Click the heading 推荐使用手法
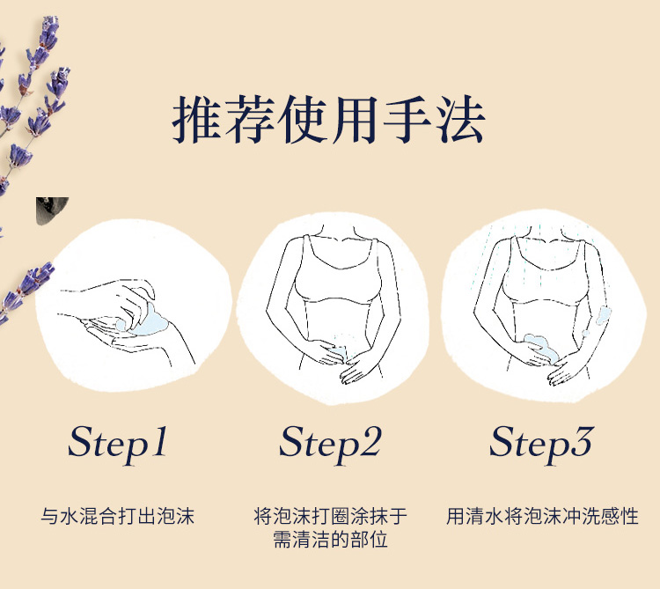coord(329,120)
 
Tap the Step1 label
coord(117,444)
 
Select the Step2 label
coord(330,444)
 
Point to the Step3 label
coord(541,444)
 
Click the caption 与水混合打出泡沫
coord(117,516)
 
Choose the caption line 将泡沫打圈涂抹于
coord(330,516)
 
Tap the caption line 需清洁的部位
coord(330,540)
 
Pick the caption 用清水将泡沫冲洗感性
coord(542,516)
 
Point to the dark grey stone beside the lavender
coord(51,210)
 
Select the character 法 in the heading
coord(460,120)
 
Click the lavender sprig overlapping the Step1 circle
coord(26,291)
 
